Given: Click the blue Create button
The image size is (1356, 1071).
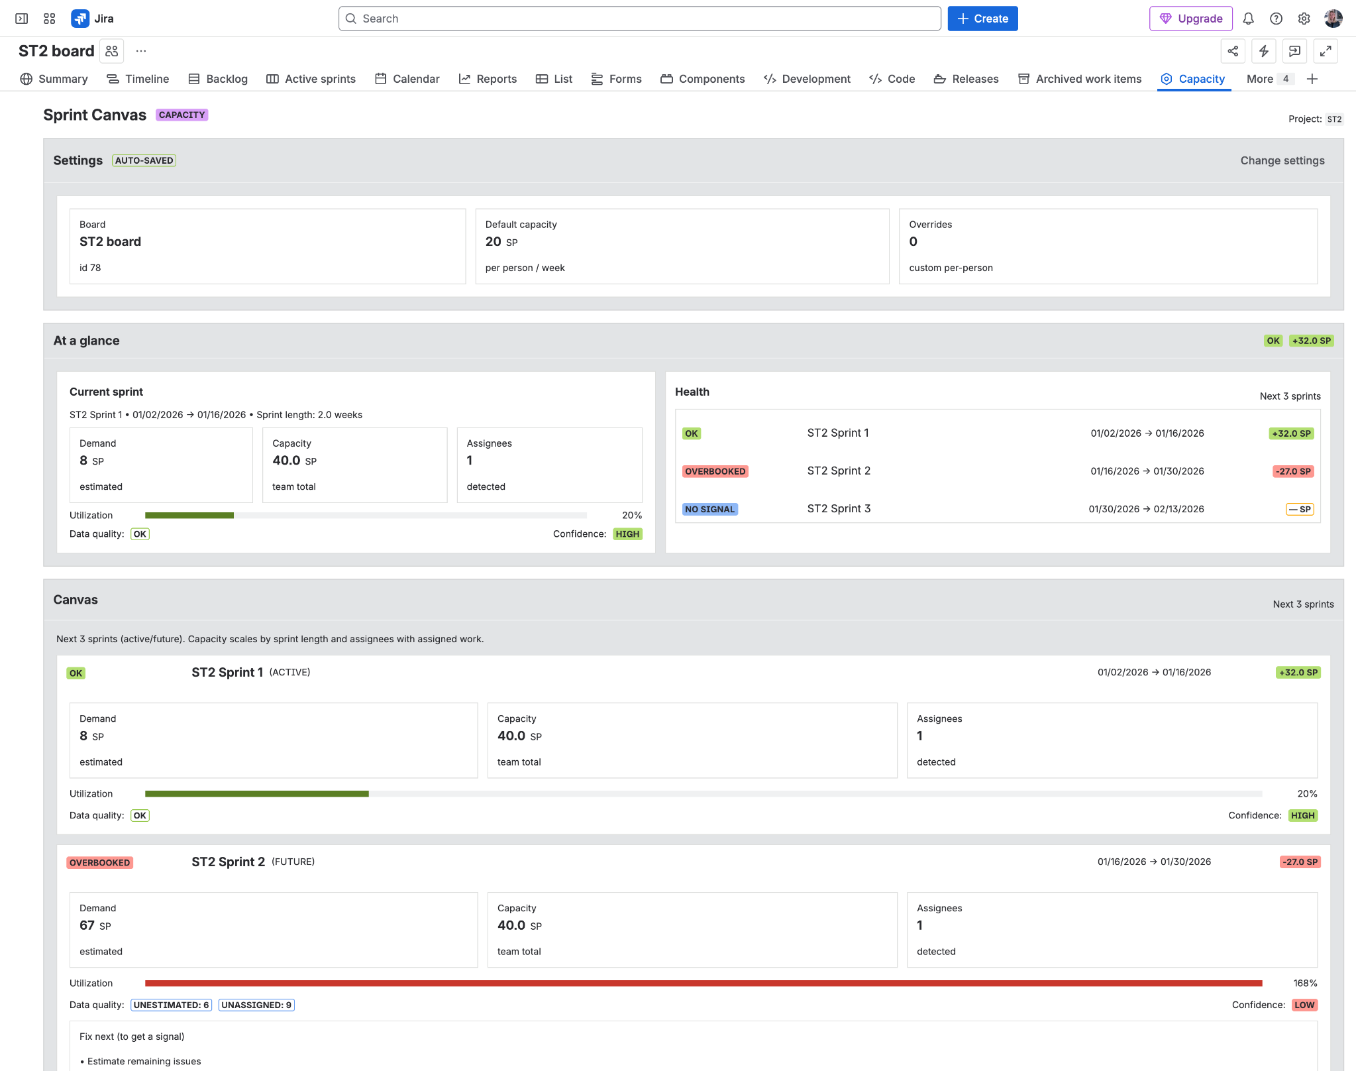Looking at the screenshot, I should point(982,19).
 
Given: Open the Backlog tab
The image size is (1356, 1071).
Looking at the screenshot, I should point(218,79).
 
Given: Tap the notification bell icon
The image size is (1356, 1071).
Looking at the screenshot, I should point(1248,19).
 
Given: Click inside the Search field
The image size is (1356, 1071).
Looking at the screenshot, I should point(639,19).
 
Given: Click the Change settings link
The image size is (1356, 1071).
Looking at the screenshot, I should point(1282,160).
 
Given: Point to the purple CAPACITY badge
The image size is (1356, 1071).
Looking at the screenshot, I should point(182,115).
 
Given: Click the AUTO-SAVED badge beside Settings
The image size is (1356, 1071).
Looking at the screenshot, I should point(144,160).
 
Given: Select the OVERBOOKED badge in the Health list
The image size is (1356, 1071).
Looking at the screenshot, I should point(715,471).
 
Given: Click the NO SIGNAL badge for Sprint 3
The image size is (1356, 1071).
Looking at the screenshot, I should point(709,509).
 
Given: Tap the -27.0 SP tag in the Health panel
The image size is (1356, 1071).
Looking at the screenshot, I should point(1293,471).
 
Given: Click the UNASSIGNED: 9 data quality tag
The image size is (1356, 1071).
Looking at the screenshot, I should point(256,1005).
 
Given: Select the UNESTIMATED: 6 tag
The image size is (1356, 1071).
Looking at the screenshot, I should point(171,1005).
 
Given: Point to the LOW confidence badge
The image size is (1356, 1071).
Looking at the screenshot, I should point(1304,1005).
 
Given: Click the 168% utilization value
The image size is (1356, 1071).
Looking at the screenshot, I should point(1304,983).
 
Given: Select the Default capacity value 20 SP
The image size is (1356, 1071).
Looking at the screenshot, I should point(501,242).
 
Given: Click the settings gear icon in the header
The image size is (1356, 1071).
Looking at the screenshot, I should point(1303,19).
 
